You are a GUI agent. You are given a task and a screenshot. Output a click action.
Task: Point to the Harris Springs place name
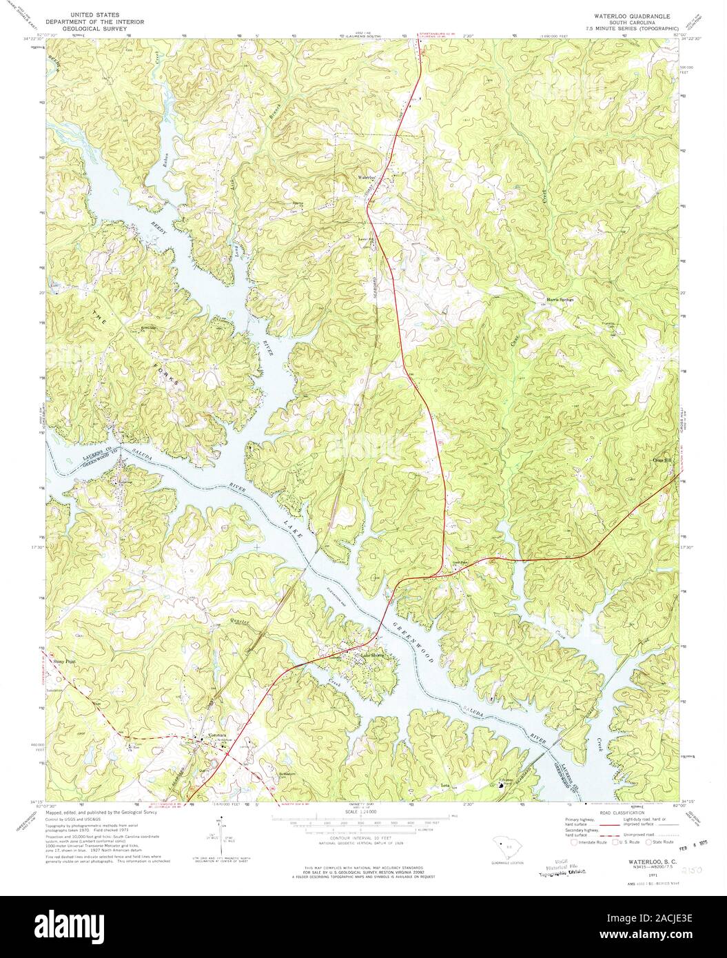pos(560,299)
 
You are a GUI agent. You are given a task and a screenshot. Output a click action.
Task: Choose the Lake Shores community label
pos(369,655)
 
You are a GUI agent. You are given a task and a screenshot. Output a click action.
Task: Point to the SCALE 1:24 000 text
pos(358,813)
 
